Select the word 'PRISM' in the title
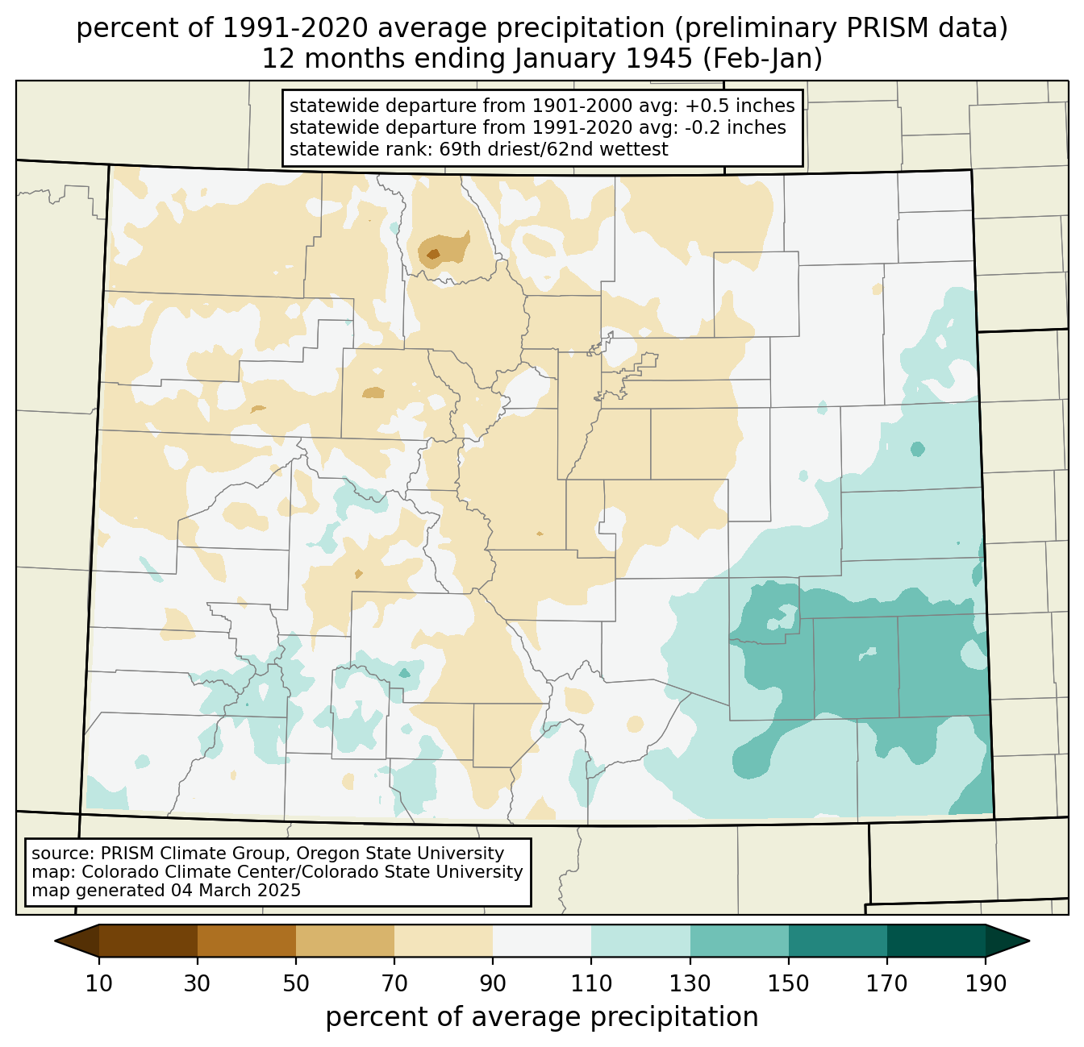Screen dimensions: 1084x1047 (x=882, y=28)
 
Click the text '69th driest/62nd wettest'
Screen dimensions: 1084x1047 (x=553, y=149)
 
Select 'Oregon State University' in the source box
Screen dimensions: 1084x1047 (x=400, y=854)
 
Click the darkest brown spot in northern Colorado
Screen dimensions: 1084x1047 (x=433, y=255)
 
